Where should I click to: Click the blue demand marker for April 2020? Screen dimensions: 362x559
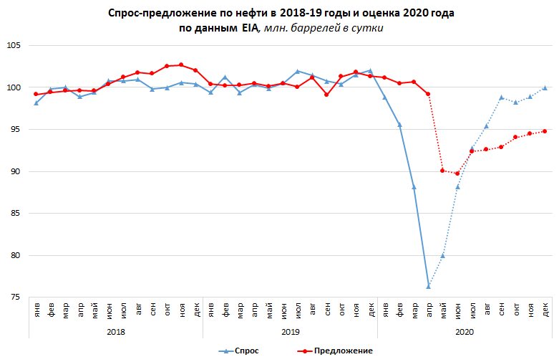coord(428,286)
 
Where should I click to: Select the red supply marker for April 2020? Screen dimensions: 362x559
coord(428,94)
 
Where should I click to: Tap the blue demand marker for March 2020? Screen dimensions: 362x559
coord(414,186)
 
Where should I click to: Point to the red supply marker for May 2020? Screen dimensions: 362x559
coord(442,171)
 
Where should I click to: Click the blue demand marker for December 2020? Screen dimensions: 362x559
coord(545,87)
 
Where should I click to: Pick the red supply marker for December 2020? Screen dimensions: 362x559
coord(545,131)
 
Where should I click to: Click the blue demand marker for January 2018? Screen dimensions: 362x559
coord(36,103)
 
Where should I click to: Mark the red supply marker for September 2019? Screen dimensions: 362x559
coord(326,95)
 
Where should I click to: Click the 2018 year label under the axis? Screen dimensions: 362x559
coord(116,332)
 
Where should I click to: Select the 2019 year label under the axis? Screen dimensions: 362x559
coord(290,332)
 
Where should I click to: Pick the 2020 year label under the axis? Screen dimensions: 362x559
coord(464,332)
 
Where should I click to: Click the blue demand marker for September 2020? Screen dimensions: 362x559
coord(501,97)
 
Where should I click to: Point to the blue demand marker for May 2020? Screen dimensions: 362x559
coord(442,255)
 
